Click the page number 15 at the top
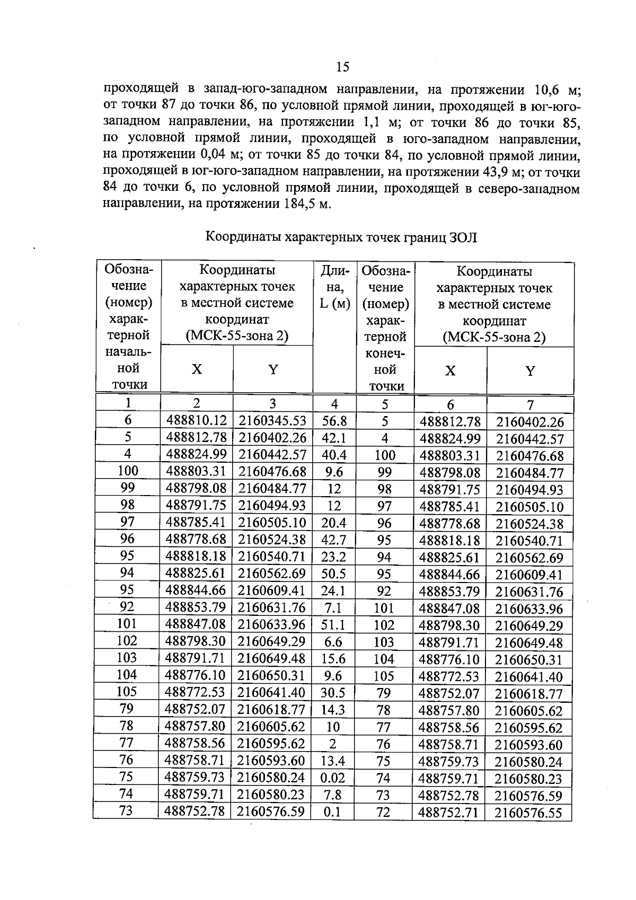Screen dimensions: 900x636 [342, 67]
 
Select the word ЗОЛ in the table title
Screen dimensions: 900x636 [464, 237]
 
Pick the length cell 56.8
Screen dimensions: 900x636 [334, 421]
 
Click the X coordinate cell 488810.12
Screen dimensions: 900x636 [196, 421]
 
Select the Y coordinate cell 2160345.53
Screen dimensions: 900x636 [272, 421]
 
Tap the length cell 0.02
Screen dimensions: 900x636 [333, 778]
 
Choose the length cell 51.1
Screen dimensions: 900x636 [333, 625]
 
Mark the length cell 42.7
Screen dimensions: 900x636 [333, 540]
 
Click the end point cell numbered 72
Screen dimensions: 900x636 [383, 812]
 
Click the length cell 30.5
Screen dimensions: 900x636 [333, 693]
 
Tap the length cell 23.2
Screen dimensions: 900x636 [333, 557]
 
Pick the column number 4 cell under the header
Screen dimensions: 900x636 [334, 404]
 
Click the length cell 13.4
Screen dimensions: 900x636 [333, 761]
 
